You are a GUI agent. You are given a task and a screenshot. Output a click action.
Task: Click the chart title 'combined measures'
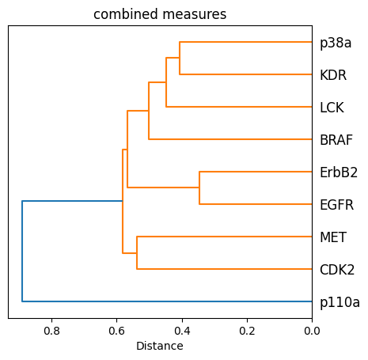pos(160,14)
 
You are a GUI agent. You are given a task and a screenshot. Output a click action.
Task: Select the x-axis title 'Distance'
pos(160,346)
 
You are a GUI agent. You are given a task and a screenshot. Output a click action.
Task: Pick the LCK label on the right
pos(332,108)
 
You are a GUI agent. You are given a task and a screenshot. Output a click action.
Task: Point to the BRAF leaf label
pos(336,140)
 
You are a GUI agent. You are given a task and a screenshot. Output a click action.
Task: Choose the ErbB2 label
pos(339,172)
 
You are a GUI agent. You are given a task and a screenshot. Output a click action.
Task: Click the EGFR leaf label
pos(336,205)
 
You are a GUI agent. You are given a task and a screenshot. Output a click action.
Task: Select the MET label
pos(332,237)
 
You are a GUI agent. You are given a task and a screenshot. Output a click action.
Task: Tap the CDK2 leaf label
pos(336,270)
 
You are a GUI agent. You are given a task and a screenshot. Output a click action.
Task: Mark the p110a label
pos(340,302)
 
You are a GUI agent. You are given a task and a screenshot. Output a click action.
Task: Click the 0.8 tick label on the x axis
pos(52,331)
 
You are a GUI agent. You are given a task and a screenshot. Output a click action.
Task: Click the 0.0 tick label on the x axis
pos(312,331)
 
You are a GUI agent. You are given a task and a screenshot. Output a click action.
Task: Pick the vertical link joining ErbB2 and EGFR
pos(199,188)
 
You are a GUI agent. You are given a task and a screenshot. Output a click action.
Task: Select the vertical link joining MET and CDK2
pos(137,253)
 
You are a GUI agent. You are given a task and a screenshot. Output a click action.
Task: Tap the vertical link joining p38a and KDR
pos(180,59)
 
